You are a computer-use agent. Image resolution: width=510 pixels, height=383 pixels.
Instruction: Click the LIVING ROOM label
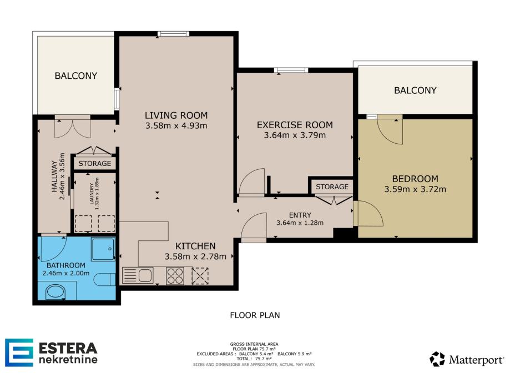[x=176, y=115]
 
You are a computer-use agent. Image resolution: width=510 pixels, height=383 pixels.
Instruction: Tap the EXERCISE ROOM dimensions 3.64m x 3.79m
[x=295, y=135]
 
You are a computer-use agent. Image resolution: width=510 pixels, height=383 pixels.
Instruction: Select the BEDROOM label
[x=415, y=179]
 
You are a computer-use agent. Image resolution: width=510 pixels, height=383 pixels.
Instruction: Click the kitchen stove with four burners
[x=175, y=276]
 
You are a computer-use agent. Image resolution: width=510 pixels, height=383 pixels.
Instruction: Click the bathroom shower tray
[x=103, y=249]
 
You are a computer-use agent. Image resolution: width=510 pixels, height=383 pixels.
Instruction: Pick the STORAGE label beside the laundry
[x=95, y=163]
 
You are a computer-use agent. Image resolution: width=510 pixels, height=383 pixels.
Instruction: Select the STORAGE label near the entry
[x=332, y=187]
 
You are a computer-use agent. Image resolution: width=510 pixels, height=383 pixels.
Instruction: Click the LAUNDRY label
[x=92, y=193]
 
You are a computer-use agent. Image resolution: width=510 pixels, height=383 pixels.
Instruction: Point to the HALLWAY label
[x=54, y=176]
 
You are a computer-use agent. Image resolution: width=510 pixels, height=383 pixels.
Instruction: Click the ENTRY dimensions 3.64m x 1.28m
[x=300, y=223]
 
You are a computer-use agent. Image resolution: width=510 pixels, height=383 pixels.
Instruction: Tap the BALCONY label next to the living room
[x=76, y=76]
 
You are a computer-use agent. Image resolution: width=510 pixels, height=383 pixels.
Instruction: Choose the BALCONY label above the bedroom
[x=415, y=90]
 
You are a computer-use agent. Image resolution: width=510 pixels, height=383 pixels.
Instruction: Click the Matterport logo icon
[x=437, y=359]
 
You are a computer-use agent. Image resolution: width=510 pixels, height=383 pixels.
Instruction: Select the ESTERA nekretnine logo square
[x=19, y=352]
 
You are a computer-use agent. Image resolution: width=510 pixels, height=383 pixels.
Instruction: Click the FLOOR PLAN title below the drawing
[x=255, y=315]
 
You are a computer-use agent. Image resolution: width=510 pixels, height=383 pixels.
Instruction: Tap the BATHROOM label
[x=65, y=265]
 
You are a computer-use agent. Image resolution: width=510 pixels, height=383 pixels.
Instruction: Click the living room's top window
[x=173, y=33]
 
